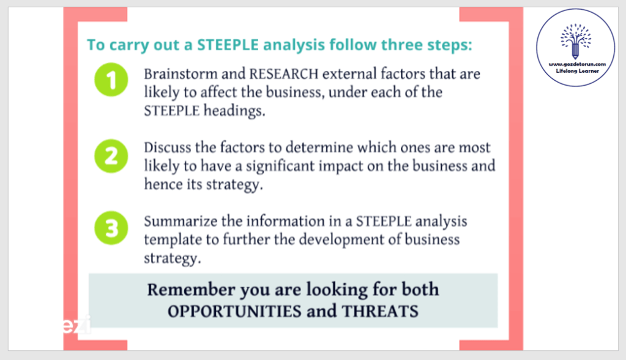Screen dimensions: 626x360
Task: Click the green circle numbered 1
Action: (x=111, y=80)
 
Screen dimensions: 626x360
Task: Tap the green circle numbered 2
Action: (x=111, y=156)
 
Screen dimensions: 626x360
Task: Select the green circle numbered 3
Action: (x=111, y=228)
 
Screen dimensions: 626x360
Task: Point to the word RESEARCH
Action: (x=284, y=74)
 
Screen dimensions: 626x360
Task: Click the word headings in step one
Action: (x=234, y=111)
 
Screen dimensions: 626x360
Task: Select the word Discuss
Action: (x=168, y=148)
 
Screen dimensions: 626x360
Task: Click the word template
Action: (x=173, y=240)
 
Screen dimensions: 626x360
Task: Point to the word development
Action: (x=341, y=240)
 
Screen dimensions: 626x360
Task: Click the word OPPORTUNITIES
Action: (x=235, y=311)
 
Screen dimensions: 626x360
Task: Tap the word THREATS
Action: (x=380, y=311)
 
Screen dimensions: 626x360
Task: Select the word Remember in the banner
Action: (x=192, y=290)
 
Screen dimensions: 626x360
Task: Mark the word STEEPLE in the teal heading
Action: (x=228, y=45)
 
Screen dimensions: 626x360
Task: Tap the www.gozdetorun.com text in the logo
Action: (x=577, y=64)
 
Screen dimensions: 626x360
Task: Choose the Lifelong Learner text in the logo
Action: (x=577, y=71)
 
